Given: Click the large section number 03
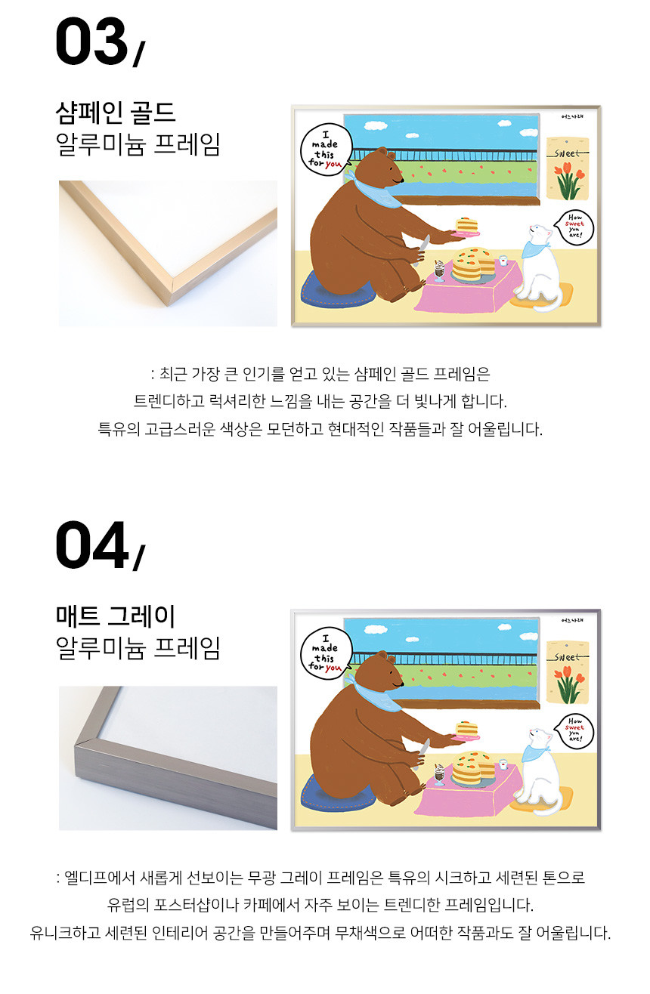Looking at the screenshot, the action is [91, 42].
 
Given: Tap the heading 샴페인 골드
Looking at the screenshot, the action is [116, 113].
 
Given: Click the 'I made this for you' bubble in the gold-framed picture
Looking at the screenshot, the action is [326, 150].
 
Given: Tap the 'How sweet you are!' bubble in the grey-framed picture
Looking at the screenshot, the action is [575, 731].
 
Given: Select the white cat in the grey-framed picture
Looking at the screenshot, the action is [539, 772].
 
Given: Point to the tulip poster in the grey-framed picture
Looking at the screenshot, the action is [567, 671].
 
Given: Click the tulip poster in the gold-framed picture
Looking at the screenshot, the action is [567, 168].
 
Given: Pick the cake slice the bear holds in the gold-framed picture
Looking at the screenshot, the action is [466, 226].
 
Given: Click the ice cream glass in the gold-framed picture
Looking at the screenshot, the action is [440, 270].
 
